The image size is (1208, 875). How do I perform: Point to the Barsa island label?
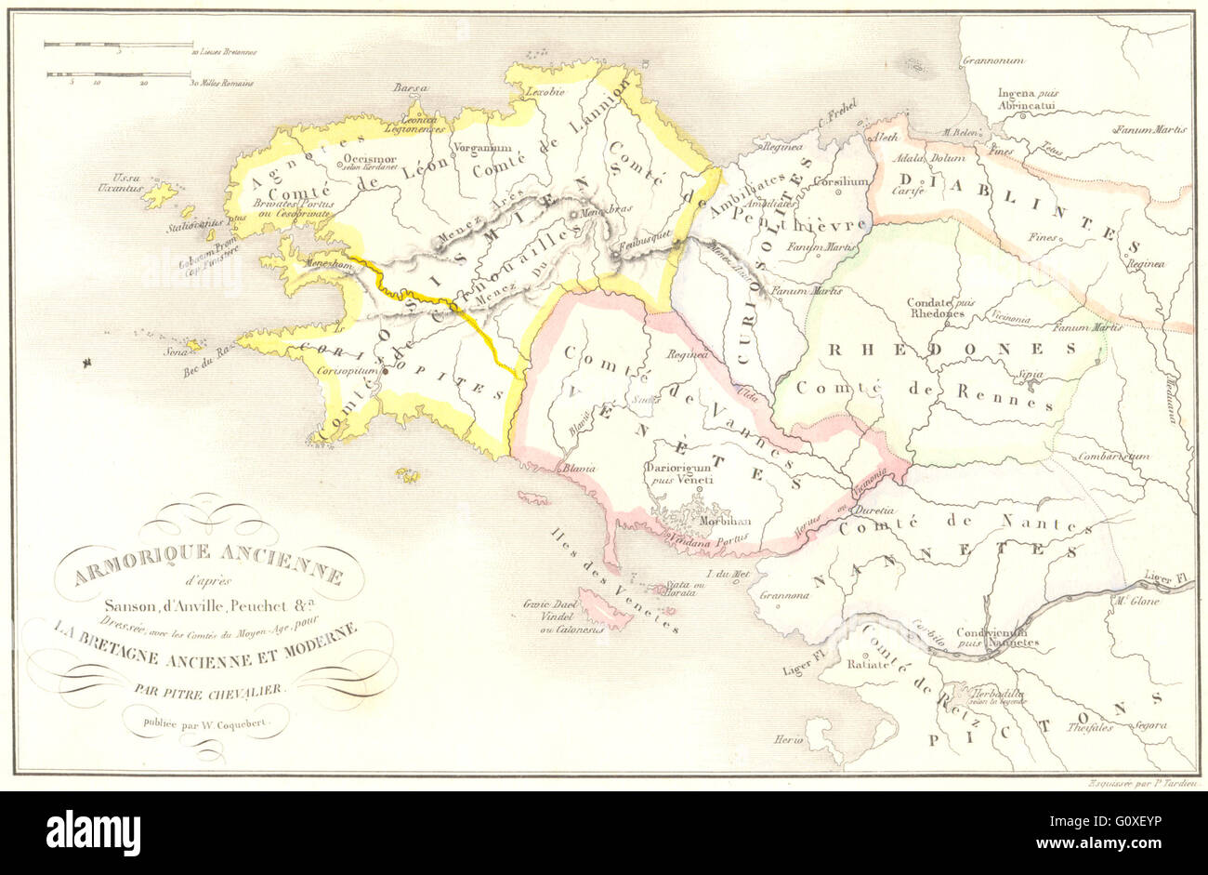click(410, 87)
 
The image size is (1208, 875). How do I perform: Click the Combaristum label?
click(1113, 457)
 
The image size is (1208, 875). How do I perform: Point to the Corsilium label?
click(841, 182)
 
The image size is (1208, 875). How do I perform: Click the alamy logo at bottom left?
click(93, 830)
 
